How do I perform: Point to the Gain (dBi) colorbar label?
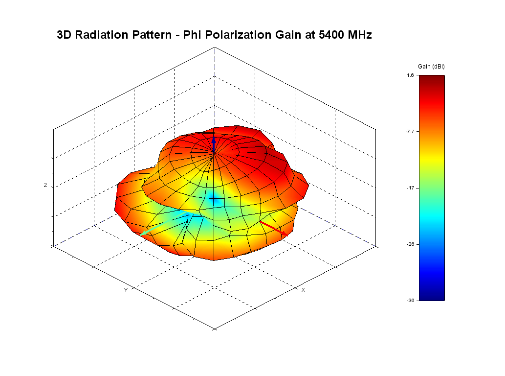click(x=431, y=66)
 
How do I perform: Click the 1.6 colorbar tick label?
click(x=410, y=75)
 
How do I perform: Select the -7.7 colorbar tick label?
click(x=409, y=132)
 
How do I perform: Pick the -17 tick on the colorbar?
click(x=410, y=188)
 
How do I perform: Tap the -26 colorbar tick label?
click(x=410, y=244)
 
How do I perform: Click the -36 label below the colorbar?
click(x=410, y=301)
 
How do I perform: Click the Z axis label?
click(x=45, y=186)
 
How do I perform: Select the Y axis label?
click(x=126, y=290)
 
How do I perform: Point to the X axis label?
click(x=303, y=290)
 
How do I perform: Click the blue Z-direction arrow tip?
click(x=214, y=140)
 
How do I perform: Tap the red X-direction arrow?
click(x=273, y=228)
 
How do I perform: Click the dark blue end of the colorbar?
click(x=432, y=296)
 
